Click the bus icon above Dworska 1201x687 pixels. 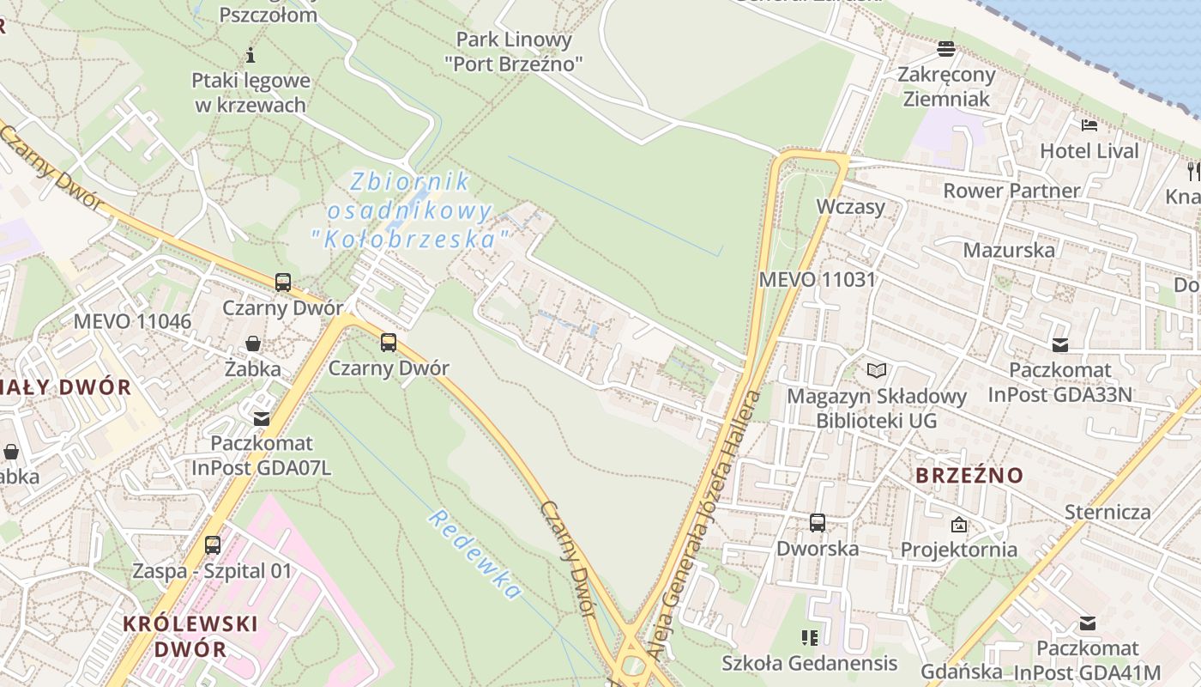click(818, 522)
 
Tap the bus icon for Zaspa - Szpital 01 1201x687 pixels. click(212, 544)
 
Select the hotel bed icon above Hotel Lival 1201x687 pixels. click(1089, 125)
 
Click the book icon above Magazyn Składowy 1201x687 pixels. click(876, 370)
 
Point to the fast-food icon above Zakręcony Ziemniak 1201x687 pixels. click(946, 48)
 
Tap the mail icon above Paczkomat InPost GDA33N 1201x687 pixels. click(1060, 345)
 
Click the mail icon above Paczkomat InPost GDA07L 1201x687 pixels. click(261, 418)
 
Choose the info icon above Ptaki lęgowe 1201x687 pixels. click(250, 56)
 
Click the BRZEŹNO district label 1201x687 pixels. click(969, 475)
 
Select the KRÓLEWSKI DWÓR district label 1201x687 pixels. click(190, 635)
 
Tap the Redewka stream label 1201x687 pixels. click(474, 554)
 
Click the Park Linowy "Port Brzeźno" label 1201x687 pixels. click(514, 51)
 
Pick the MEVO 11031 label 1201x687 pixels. click(817, 279)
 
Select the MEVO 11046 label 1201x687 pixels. click(132, 321)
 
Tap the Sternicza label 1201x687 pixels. click(1107, 512)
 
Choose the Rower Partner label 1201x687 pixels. click(1011, 190)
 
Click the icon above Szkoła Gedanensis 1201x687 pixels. click(809, 637)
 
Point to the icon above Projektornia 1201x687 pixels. click(958, 524)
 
